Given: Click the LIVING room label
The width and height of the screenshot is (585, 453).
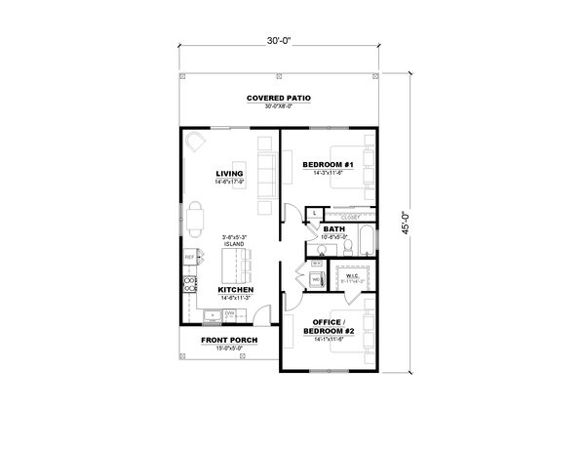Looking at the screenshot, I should pos(230,175).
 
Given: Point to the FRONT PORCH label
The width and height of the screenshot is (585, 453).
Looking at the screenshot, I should pos(229,340).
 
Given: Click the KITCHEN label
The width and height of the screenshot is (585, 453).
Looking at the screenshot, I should pos(236,290).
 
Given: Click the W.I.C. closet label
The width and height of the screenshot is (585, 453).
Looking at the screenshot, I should pos(352,276).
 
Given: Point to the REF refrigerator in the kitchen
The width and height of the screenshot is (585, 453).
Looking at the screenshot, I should pos(190,258).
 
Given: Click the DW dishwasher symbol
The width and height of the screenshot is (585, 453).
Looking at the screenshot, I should pos(230,314).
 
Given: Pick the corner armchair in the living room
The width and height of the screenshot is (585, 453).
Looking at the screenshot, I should pos(196,143).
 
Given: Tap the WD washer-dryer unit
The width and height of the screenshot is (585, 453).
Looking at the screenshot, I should pos(316,279).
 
